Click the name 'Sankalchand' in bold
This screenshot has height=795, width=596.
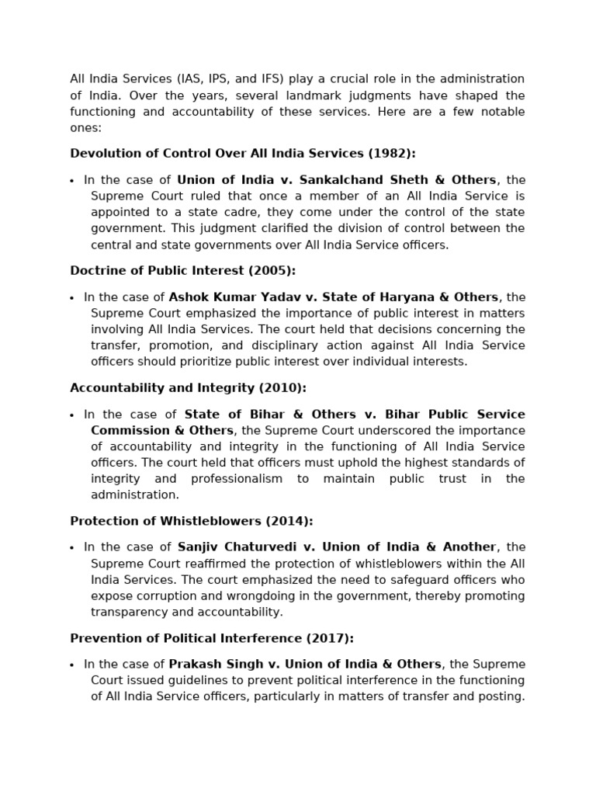click(338, 180)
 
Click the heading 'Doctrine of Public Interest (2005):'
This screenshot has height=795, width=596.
click(182, 270)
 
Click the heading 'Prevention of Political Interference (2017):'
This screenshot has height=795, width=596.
click(212, 638)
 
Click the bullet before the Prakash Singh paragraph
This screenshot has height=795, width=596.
click(72, 665)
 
